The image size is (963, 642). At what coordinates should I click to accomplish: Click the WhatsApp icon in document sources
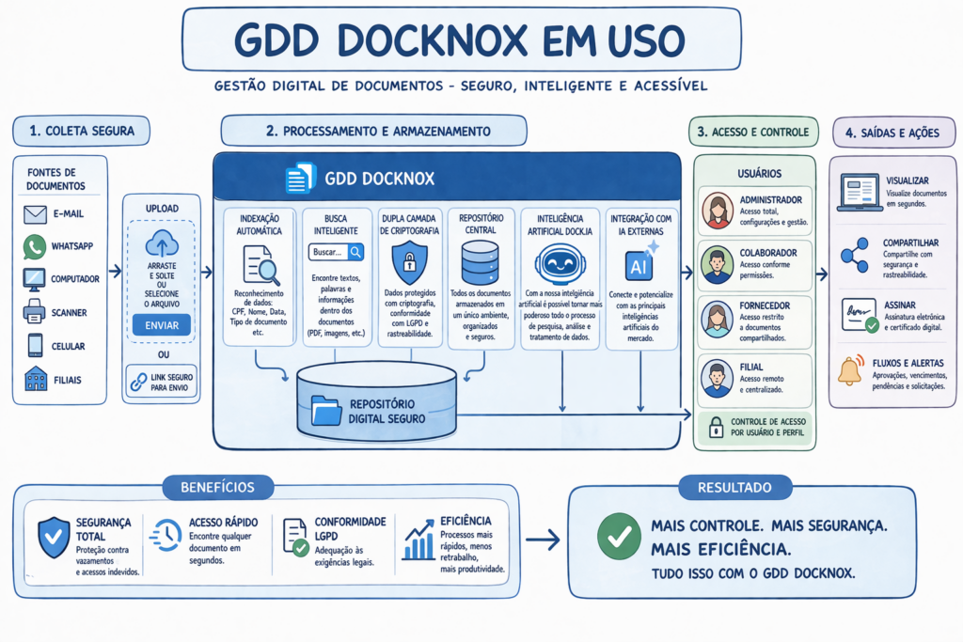(x=35, y=246)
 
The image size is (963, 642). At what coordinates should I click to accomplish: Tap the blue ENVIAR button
(x=162, y=325)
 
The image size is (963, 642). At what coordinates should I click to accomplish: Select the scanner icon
(x=35, y=312)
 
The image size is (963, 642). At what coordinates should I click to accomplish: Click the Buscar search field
(x=336, y=252)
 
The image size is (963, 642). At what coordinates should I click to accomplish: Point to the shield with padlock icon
(x=410, y=262)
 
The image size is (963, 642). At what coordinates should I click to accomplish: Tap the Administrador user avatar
(x=718, y=211)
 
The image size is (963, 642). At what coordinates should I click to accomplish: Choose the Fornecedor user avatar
(x=718, y=320)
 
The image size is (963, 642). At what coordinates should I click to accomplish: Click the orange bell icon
(x=851, y=369)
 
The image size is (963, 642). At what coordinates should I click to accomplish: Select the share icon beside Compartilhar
(x=855, y=256)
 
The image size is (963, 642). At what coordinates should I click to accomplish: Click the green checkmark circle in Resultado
(x=619, y=537)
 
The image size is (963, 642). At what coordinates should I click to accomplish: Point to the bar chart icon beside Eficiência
(x=418, y=540)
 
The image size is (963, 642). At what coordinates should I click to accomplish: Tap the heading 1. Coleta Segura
(x=82, y=131)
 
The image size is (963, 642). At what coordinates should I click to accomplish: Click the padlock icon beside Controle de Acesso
(x=716, y=427)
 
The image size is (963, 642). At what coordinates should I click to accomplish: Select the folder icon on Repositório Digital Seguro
(x=326, y=411)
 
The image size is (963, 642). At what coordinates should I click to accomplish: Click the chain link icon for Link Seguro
(x=139, y=382)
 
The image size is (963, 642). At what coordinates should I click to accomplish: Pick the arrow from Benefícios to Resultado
(x=543, y=540)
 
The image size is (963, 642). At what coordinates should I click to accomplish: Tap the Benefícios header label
(x=217, y=487)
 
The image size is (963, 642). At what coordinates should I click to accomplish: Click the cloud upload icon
(x=162, y=243)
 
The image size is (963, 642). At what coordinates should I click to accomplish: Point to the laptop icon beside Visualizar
(x=860, y=193)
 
